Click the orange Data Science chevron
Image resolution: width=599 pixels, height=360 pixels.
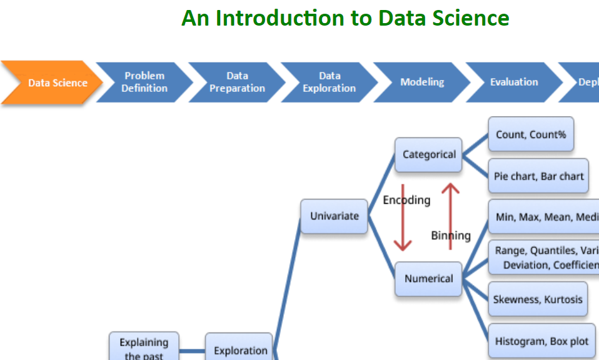[53, 82]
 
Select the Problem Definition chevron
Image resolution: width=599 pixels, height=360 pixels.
[144, 82]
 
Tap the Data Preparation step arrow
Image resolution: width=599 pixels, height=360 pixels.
[237, 82]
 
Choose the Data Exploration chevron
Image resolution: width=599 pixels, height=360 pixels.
[329, 82]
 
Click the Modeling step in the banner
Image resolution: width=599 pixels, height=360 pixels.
[422, 82]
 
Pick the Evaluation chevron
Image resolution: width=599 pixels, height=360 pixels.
[513, 82]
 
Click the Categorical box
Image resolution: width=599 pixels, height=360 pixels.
[429, 154]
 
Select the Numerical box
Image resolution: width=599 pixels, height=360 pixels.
[429, 279]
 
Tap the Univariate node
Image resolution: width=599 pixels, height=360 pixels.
[335, 216]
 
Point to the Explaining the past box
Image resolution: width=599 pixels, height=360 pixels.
[144, 347]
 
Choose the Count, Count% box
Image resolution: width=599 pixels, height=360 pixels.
[530, 134]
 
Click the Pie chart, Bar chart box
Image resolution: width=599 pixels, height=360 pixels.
[538, 176]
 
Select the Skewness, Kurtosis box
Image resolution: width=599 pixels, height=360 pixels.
[537, 299]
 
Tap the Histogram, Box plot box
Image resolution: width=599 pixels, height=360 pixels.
[541, 341]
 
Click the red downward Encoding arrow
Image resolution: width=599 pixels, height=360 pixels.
[403, 219]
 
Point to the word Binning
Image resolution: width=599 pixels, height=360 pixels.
[451, 236]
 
